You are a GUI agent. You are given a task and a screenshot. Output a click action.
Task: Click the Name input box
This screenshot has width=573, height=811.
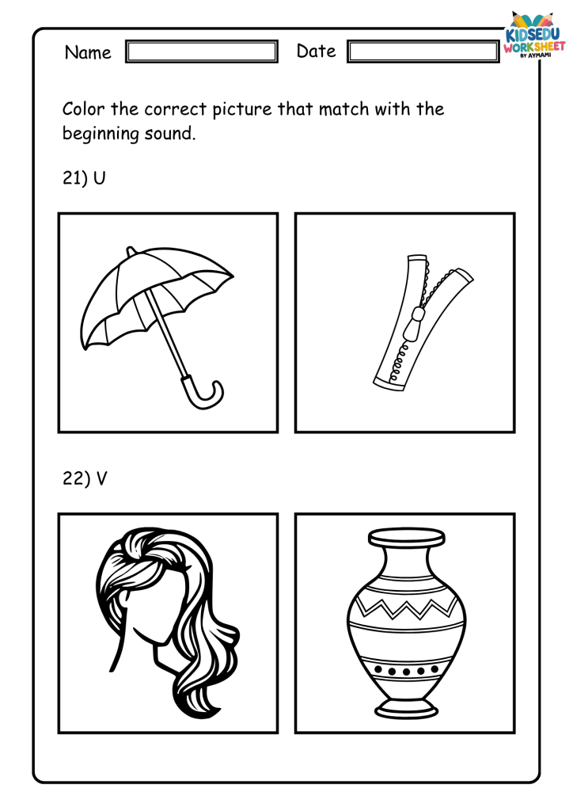202,51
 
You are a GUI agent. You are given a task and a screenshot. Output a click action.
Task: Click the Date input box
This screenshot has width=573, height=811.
423,51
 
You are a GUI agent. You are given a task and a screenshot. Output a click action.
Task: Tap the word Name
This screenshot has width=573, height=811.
88,52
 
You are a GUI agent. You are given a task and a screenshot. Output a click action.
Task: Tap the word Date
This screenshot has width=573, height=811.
316,51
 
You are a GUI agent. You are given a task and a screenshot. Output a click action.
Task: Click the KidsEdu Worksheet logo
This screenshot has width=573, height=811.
534,35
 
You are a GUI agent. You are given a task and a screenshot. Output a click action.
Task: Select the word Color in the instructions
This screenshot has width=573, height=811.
83,109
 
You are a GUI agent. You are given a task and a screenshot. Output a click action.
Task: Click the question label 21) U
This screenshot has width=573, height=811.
84,178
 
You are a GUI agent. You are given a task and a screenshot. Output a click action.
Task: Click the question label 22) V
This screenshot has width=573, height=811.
85,478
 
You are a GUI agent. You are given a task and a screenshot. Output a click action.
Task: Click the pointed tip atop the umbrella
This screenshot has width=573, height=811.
130,250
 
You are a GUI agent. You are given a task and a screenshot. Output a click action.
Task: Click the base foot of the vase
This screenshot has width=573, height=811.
407,708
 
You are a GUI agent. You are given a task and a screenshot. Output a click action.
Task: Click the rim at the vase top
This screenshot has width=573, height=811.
406,537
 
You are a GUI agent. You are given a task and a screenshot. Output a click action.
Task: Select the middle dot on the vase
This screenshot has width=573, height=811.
406,672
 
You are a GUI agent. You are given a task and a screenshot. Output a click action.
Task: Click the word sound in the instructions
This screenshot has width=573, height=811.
170,134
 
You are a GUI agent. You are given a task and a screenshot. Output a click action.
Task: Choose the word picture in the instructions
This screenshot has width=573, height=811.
242,109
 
